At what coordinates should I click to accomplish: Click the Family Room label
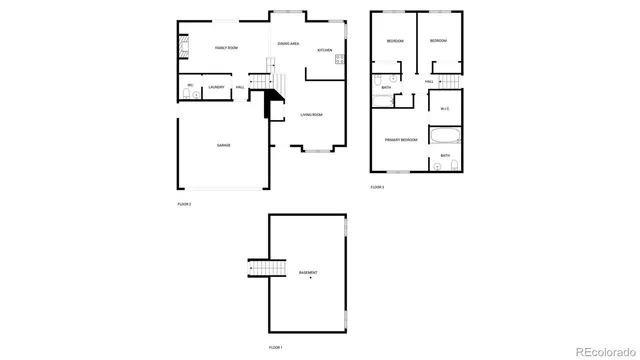click(226, 48)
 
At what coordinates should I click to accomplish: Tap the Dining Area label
click(289, 44)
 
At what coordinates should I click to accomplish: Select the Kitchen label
click(325, 50)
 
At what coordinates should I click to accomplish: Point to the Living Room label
click(311, 115)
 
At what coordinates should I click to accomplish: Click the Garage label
click(224, 146)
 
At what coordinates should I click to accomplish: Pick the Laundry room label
click(216, 88)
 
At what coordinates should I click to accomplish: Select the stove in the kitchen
click(341, 61)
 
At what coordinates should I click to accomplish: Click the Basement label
click(308, 272)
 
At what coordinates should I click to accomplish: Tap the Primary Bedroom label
click(399, 139)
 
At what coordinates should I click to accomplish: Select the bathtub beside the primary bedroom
click(444, 136)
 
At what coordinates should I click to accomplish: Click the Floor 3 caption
click(377, 187)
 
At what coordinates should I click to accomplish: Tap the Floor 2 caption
click(184, 203)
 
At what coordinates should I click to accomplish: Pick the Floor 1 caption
click(276, 347)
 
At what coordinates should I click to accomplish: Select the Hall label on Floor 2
click(240, 88)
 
